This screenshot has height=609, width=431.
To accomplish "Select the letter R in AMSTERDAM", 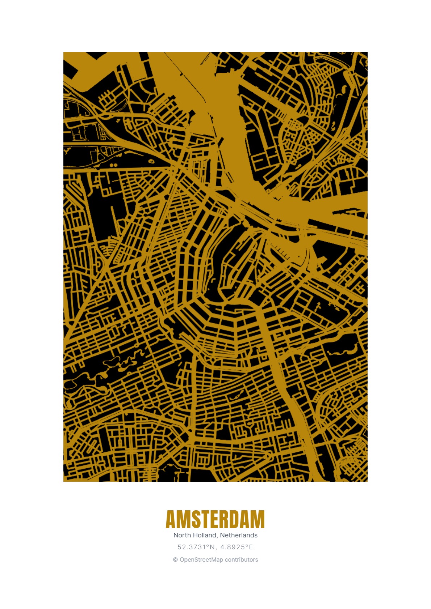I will [x=227, y=520].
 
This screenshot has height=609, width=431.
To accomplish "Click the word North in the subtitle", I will [x=182, y=535].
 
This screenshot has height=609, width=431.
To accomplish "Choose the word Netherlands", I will [x=239, y=535].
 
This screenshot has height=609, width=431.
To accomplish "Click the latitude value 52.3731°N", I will [x=196, y=547].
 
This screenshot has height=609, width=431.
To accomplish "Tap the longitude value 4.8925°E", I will [x=237, y=547].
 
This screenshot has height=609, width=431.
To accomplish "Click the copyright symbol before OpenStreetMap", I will [x=175, y=560].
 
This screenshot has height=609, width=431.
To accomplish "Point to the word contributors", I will [x=241, y=560].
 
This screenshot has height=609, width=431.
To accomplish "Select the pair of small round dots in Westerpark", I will [x=114, y=165].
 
